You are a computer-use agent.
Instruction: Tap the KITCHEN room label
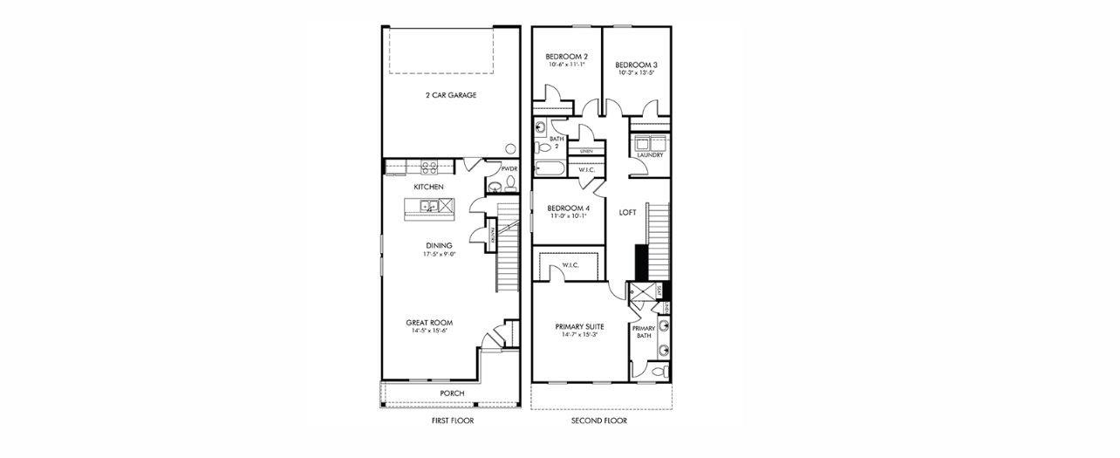428,188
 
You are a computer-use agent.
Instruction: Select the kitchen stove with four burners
429,166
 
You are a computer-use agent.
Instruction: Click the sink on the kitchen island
428,207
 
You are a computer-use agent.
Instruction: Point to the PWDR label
509,168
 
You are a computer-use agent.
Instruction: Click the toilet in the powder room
510,183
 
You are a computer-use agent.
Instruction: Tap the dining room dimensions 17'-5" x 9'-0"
440,256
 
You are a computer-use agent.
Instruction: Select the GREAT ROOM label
428,323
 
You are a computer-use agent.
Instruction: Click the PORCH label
452,393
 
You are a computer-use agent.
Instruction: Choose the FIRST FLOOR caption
453,420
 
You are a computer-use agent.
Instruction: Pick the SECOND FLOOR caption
599,420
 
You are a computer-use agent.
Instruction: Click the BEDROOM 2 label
567,56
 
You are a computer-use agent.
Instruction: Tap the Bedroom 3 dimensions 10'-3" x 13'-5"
637,73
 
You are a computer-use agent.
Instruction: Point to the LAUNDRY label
650,155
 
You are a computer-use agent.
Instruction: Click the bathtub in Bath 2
550,167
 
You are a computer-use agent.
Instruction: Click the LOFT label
628,212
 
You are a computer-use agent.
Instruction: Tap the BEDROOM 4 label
569,208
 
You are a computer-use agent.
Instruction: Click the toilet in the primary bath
661,372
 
